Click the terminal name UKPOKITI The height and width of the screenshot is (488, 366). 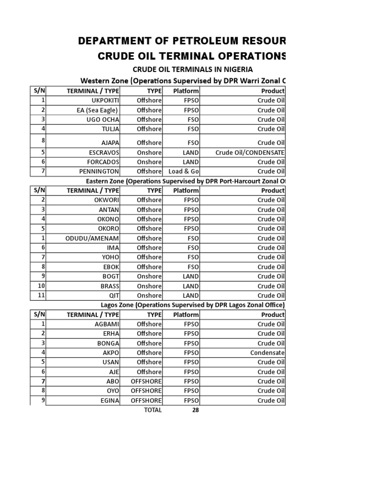pos(105,101)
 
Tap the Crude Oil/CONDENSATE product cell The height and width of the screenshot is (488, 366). pos(250,152)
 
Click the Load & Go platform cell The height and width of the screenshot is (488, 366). pos(183,172)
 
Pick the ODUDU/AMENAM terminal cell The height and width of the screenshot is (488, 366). pos(92,238)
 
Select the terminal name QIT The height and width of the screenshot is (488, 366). pos(114,295)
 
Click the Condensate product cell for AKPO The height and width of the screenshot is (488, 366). pos(267,353)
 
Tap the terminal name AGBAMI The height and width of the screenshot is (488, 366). pos(107,324)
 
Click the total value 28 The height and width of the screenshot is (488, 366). pos(195,410)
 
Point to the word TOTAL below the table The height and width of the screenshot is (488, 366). pos(152,410)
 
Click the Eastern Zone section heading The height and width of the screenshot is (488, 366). pos(186,181)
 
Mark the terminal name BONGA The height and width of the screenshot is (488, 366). pos(108,343)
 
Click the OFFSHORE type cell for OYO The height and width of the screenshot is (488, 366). pos(146,391)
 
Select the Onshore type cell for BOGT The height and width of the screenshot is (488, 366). pos(149,276)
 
